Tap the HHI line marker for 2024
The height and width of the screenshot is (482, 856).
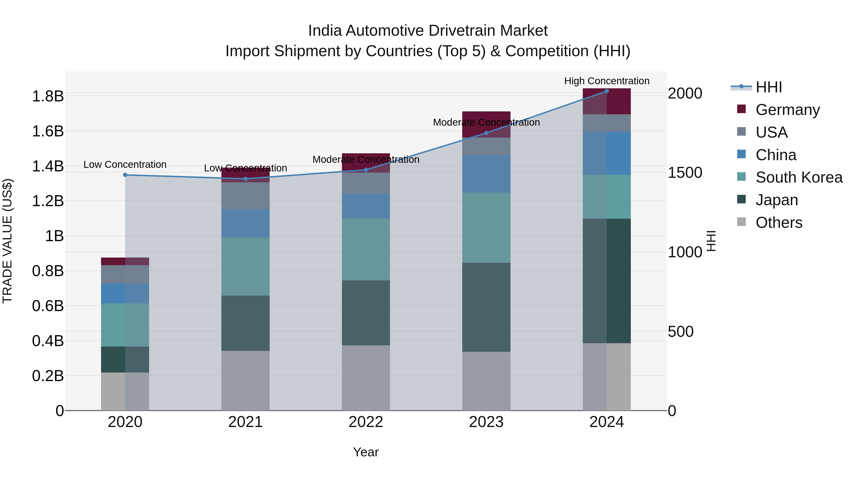(x=606, y=91)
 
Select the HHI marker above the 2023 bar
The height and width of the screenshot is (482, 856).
(x=486, y=133)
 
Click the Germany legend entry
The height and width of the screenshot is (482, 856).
(x=787, y=110)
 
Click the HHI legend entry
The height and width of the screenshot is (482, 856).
(x=768, y=87)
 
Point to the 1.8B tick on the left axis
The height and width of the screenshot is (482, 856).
(x=48, y=96)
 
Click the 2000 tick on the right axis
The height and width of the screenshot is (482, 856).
(x=685, y=94)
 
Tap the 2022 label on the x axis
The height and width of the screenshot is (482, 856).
(x=366, y=422)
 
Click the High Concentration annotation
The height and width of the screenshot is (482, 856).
(x=606, y=81)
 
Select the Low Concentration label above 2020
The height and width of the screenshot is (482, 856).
(x=125, y=165)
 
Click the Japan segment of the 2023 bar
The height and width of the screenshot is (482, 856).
(x=486, y=307)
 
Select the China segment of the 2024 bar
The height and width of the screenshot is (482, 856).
(x=606, y=153)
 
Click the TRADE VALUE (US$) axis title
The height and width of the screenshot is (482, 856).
(x=7, y=241)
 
